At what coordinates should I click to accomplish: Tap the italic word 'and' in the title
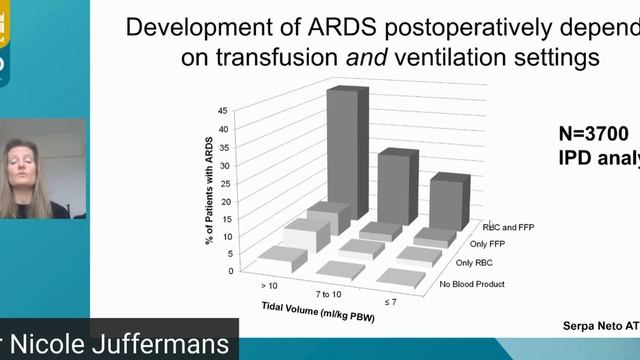coord(346,58)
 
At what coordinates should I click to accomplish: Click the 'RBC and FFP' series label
coord(510,227)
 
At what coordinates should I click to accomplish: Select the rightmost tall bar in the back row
coord(450,205)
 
